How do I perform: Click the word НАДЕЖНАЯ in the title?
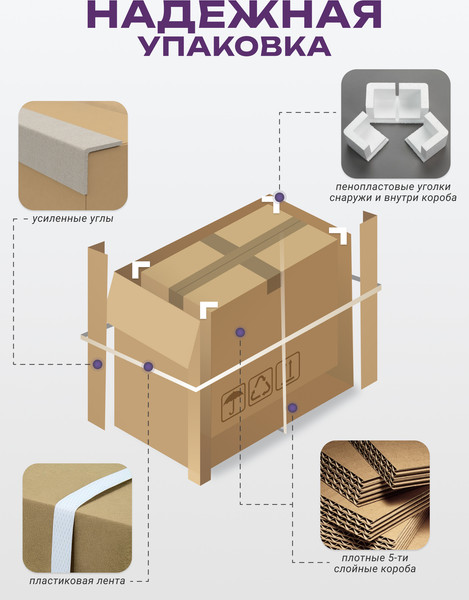(x=234, y=15)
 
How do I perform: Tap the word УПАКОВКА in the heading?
(x=234, y=47)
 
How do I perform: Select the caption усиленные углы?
(x=73, y=219)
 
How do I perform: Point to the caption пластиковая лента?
(x=77, y=580)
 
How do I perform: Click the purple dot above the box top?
(x=280, y=197)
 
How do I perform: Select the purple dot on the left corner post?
(x=98, y=364)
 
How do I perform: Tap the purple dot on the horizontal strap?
(x=148, y=367)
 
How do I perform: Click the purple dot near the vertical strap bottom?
(x=293, y=408)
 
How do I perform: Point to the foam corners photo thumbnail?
(x=396, y=124)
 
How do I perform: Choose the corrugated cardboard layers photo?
(x=375, y=495)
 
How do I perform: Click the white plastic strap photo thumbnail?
(x=77, y=518)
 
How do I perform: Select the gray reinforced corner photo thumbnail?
(x=73, y=155)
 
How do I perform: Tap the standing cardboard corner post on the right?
(x=369, y=300)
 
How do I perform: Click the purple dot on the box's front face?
(x=240, y=332)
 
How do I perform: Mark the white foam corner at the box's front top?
(x=208, y=309)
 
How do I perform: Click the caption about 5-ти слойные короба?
(x=375, y=563)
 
